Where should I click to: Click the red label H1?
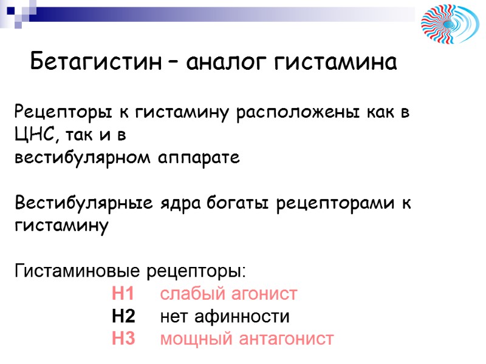[123, 294]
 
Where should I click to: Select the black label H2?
[123, 317]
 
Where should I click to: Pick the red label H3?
[123, 339]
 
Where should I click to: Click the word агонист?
[265, 294]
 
